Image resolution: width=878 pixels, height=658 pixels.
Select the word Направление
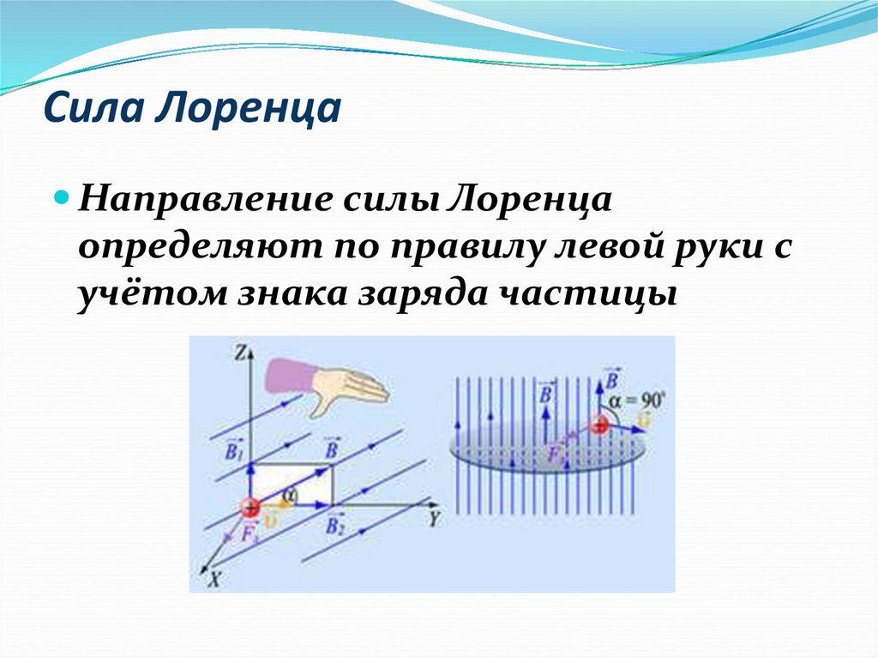(x=210, y=200)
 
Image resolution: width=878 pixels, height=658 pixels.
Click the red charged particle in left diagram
(x=250, y=506)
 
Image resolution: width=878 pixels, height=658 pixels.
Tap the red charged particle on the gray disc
(x=598, y=424)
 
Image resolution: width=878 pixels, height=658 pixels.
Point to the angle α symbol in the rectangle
(x=291, y=493)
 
